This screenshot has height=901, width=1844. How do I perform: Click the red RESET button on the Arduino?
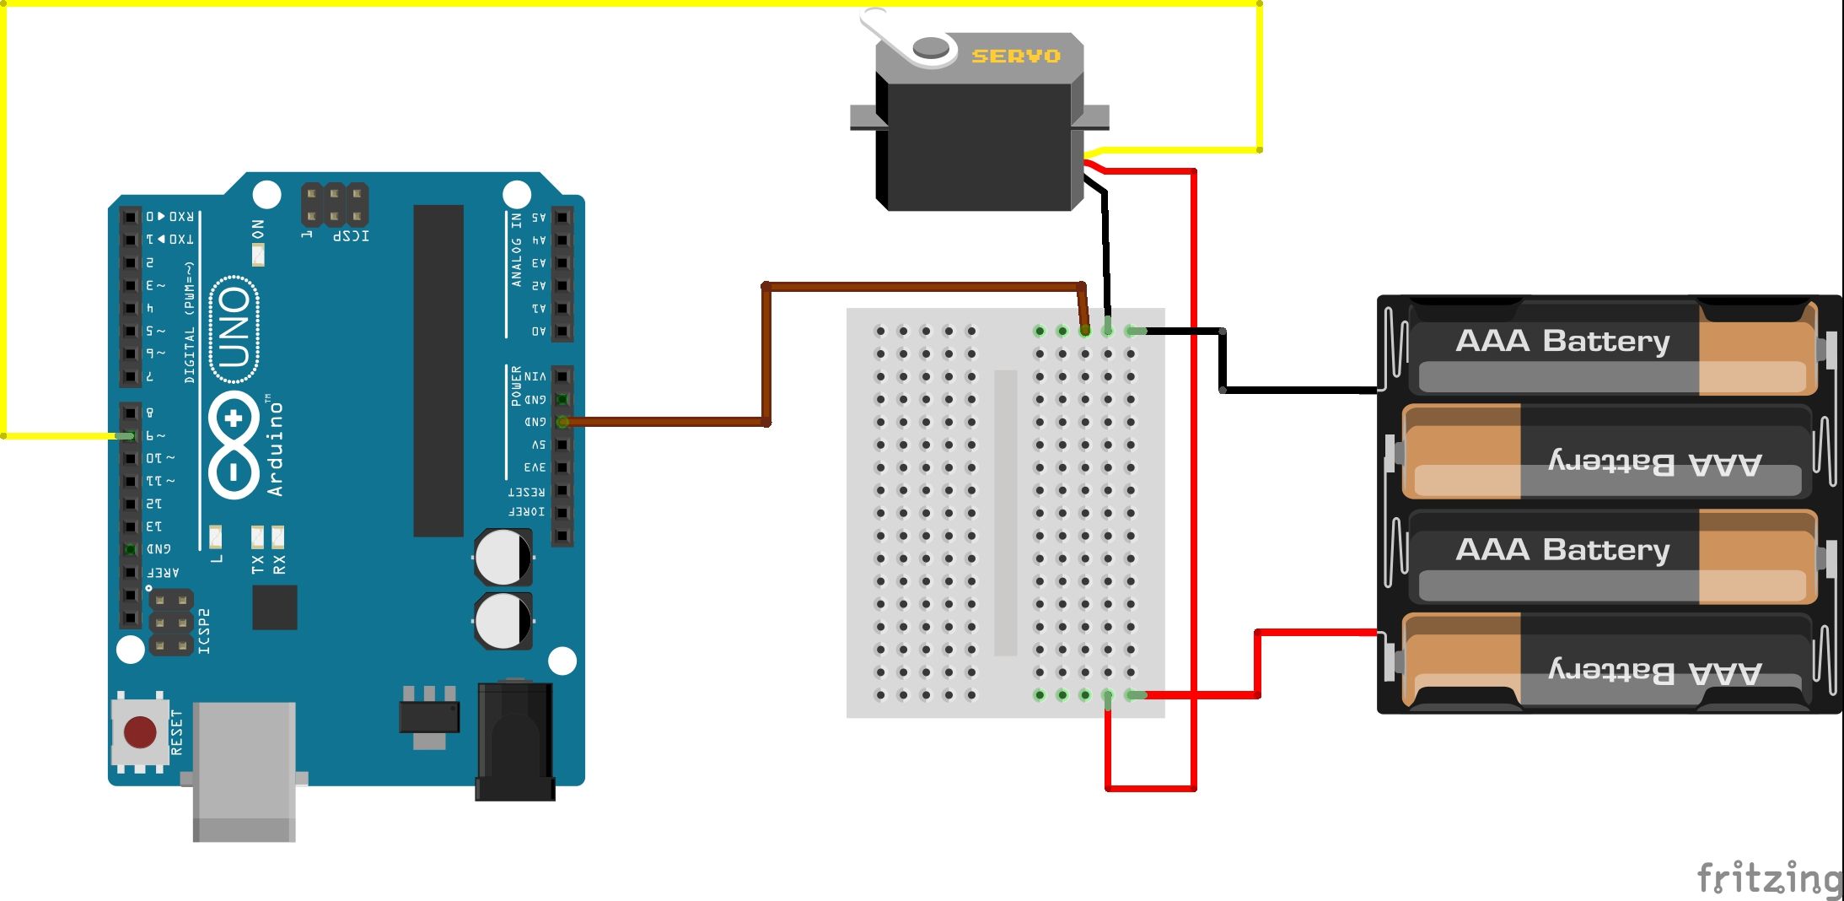click(x=140, y=732)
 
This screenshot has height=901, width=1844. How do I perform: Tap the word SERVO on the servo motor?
click(x=1015, y=57)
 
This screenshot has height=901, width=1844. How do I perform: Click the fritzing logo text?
click(x=1767, y=878)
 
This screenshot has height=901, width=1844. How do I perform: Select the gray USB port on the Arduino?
click(x=244, y=769)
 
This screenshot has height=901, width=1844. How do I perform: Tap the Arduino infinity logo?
click(x=234, y=444)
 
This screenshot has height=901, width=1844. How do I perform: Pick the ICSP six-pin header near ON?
click(x=335, y=205)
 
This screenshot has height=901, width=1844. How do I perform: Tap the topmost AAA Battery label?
click(x=1562, y=342)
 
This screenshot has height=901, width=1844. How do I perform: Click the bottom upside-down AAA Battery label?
click(x=1654, y=672)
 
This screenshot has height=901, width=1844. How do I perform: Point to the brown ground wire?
click(x=766, y=354)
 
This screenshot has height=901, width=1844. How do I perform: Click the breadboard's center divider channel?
click(x=1005, y=512)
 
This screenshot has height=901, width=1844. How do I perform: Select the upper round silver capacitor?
click(x=503, y=558)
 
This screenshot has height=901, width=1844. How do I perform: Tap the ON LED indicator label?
click(x=258, y=229)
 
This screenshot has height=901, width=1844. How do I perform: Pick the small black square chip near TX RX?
click(x=274, y=607)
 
